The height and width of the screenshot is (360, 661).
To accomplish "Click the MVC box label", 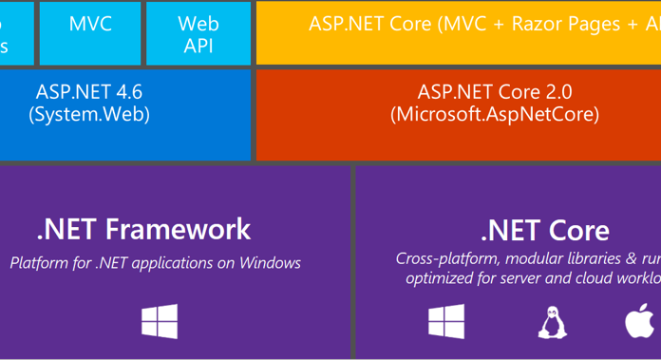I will click(x=90, y=23).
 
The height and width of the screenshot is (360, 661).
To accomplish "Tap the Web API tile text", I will click(x=198, y=33).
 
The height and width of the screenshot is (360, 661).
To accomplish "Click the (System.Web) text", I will click(x=89, y=114).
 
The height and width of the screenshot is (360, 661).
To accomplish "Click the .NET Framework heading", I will click(x=143, y=229).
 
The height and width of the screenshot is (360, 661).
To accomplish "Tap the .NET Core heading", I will click(x=545, y=231).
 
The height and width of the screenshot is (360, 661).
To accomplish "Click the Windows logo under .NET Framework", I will click(x=160, y=321).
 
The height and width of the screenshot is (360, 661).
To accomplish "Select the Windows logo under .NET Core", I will click(x=446, y=321).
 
